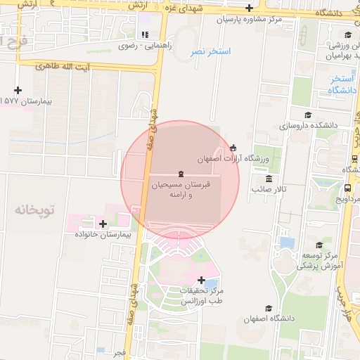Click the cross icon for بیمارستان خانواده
[104, 224]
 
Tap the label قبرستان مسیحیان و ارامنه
[181, 188]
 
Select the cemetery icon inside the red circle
[181, 174]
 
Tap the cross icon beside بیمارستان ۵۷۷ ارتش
[18, 90]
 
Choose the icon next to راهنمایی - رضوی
[144, 34]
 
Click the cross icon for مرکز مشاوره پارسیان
[249, 8]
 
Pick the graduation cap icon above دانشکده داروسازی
[307, 115]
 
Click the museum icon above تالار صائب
[269, 179]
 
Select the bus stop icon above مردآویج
[347, 188]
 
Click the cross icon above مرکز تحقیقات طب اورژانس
[202, 280]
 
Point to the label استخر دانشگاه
[341, 84]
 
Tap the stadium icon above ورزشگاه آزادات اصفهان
[233, 147]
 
